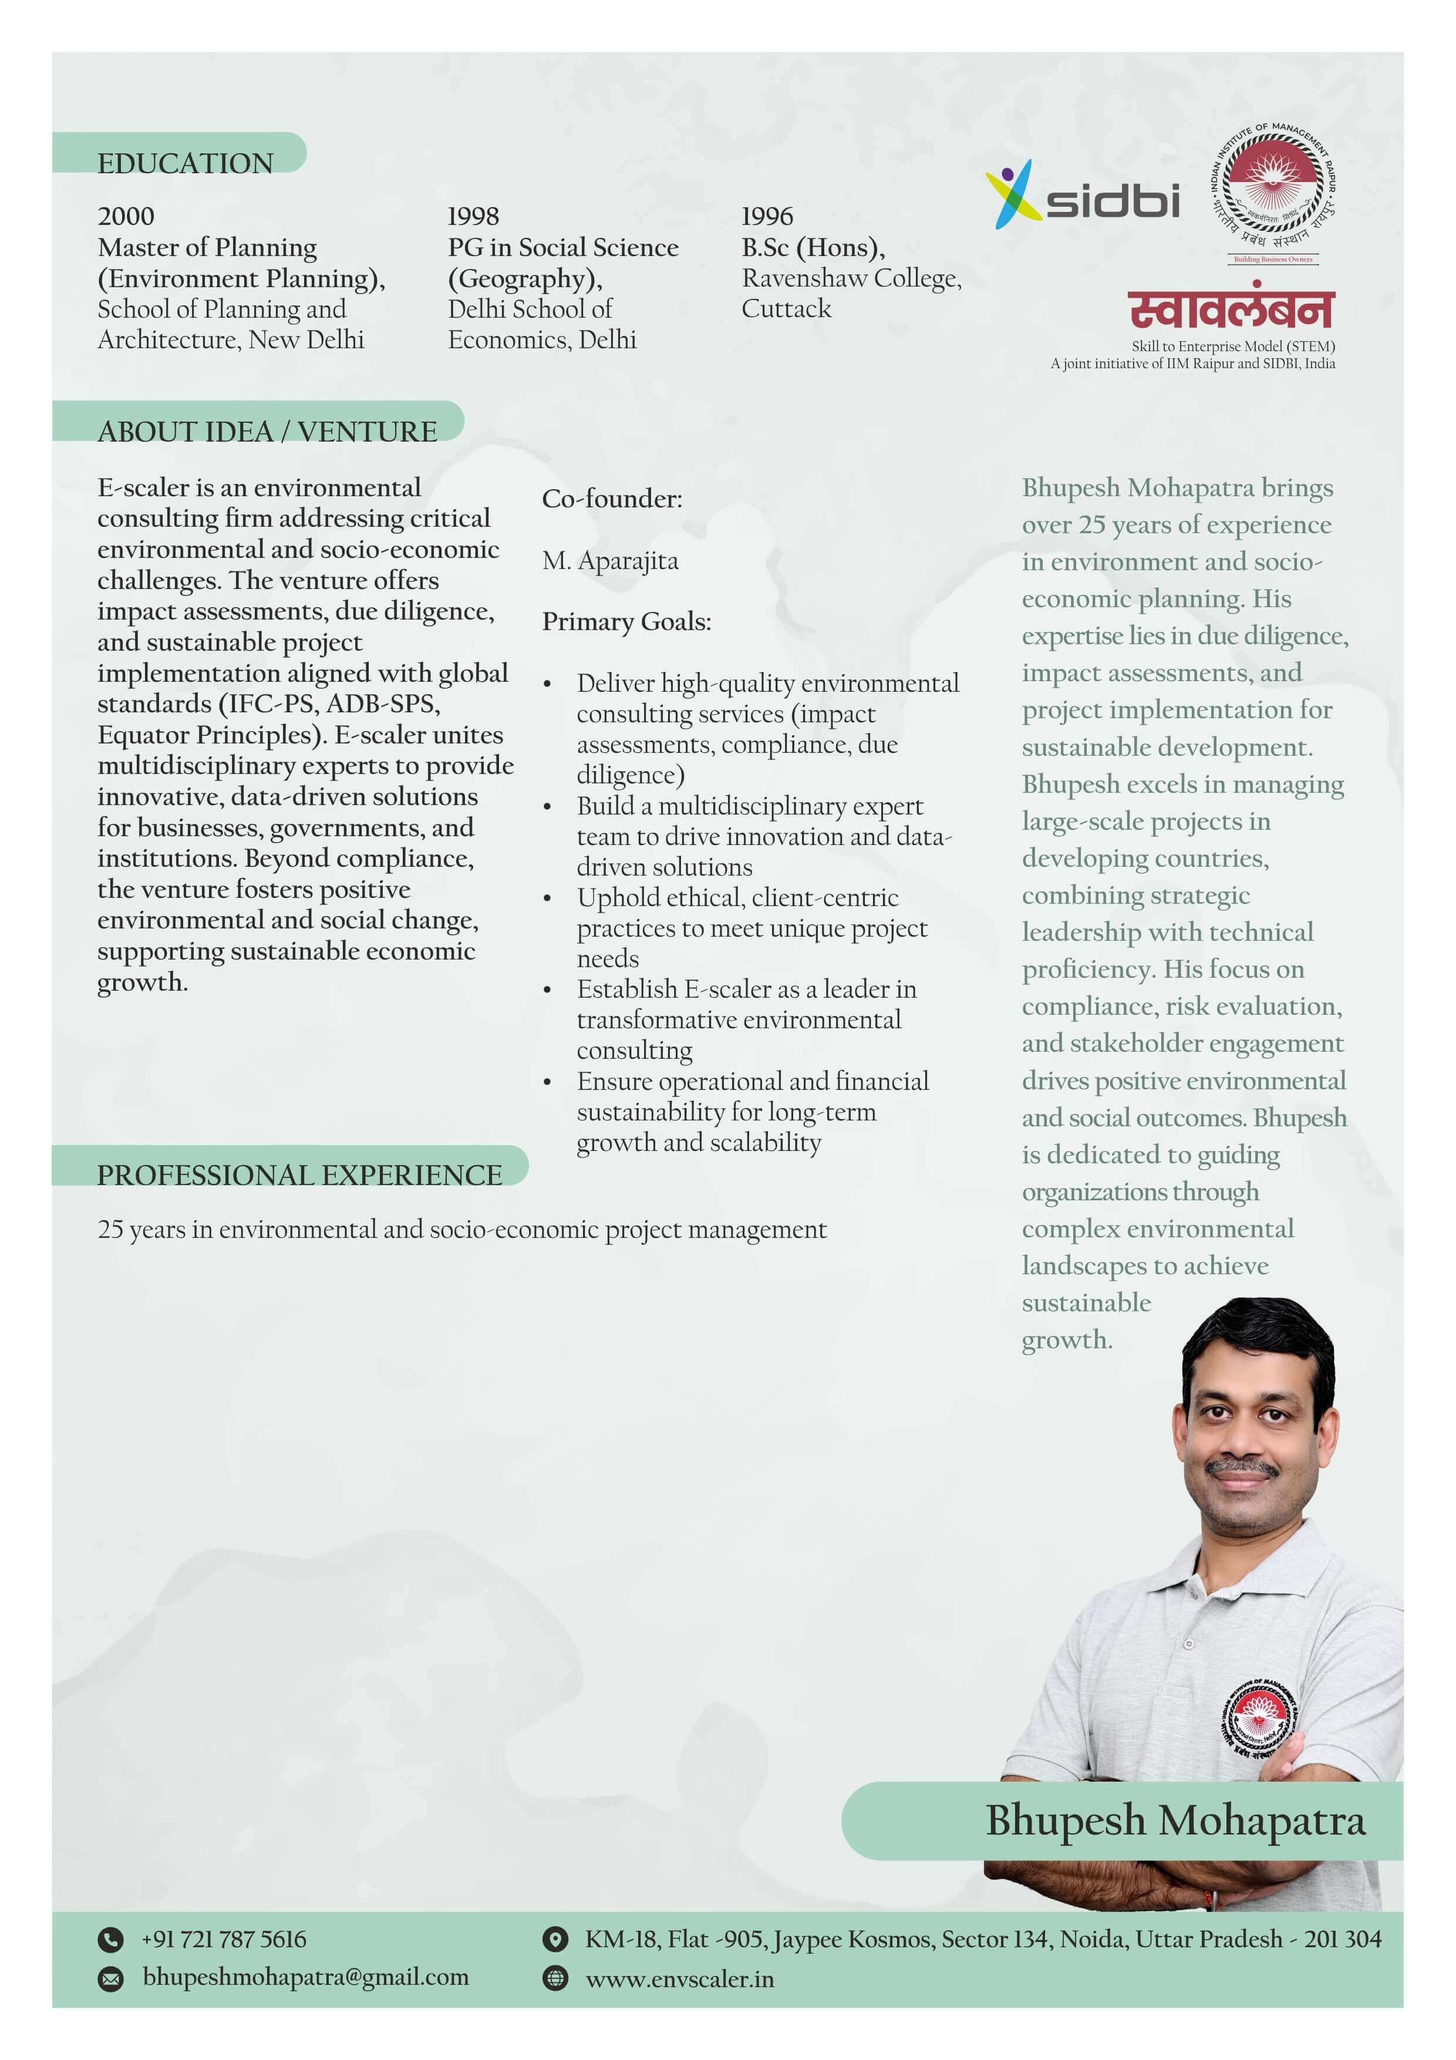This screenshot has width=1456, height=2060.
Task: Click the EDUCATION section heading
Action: coord(185,163)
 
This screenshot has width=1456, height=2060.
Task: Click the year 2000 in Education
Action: coord(126,216)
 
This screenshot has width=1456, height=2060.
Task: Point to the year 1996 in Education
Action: coord(767,216)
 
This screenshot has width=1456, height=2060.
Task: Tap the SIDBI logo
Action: coord(1083,196)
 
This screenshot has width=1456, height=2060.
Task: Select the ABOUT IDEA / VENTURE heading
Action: coord(267,432)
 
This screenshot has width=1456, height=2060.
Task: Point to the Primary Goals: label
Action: coord(626,622)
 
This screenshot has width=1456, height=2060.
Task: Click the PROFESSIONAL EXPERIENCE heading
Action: coord(299,1176)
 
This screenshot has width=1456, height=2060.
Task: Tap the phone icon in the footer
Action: coord(110,1940)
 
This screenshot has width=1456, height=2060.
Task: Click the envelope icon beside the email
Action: coord(110,1978)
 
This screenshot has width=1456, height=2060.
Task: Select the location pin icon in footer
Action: coord(555,1939)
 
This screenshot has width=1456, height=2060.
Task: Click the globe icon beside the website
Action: coord(555,1978)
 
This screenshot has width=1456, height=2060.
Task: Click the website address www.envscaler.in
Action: coord(679,1979)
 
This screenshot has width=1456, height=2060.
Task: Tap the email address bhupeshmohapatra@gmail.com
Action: coord(305,1977)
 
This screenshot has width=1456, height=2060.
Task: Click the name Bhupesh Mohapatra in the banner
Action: coord(1175,1820)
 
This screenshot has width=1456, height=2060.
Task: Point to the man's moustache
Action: coord(1242,1469)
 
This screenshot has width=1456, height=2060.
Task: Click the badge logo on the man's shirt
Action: coord(1259,1717)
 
